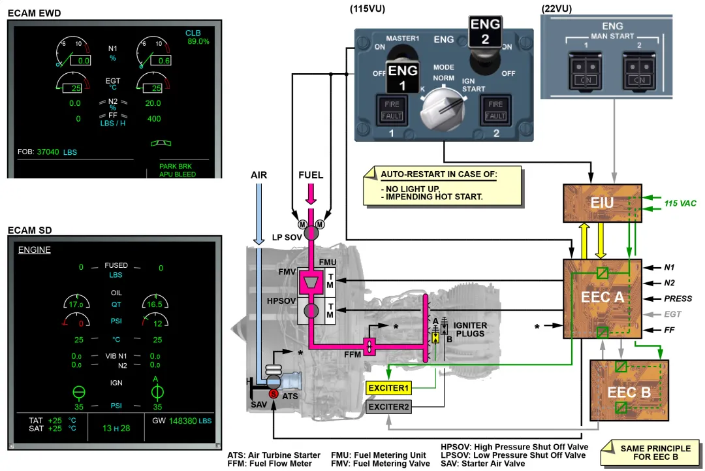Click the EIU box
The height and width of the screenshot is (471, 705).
(x=602, y=203)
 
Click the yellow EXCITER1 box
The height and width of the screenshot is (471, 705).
(x=388, y=387)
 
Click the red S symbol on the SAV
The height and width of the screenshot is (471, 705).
(x=274, y=394)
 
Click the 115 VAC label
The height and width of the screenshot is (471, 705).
(x=680, y=203)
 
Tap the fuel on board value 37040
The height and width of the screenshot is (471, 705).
(x=48, y=152)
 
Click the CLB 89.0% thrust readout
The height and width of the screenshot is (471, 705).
(x=196, y=37)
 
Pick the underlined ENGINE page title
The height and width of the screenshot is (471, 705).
(x=34, y=250)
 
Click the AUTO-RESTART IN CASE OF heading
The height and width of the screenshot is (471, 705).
(x=439, y=175)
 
